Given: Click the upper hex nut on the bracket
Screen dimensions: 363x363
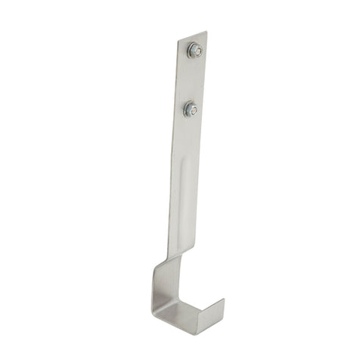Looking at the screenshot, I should click(195, 51).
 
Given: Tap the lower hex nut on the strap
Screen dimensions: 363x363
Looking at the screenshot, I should click(190, 110).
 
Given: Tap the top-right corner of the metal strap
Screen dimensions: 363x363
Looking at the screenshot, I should click(206, 33).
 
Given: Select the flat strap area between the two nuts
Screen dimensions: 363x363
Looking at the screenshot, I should click(193, 80).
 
